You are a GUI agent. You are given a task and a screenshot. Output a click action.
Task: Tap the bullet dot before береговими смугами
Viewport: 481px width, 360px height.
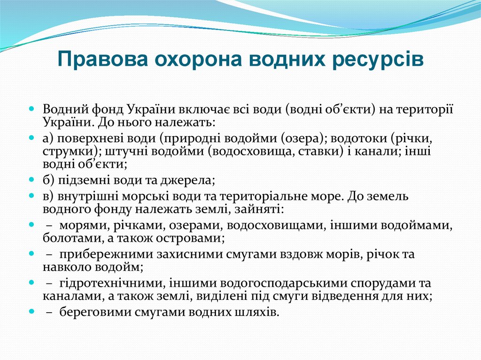(x=31, y=311)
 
